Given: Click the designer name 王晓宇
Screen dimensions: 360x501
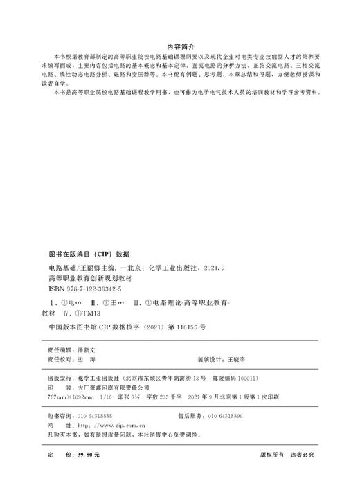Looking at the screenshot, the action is [237, 360].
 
